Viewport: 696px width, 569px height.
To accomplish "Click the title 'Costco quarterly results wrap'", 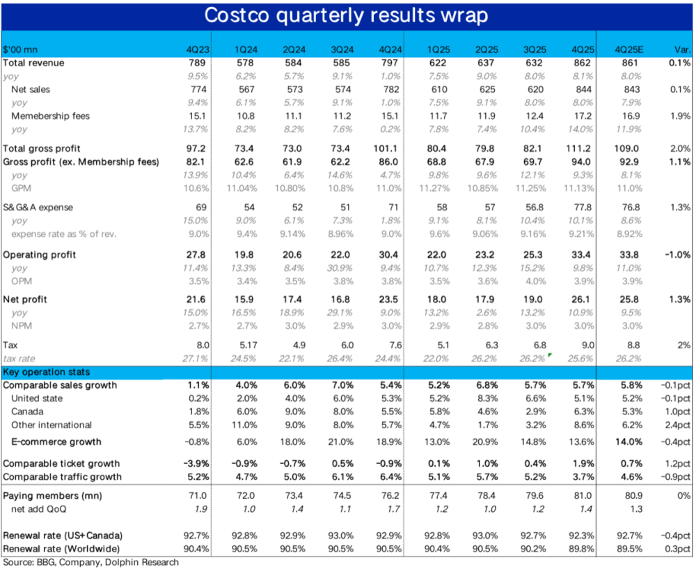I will tap(348, 15).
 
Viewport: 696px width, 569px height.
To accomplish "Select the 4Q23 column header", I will tap(198, 49).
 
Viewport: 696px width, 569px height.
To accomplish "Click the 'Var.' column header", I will tap(681, 49).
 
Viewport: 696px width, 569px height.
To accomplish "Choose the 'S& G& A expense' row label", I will tap(39, 208).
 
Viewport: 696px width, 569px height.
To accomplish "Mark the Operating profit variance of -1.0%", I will tap(675, 254).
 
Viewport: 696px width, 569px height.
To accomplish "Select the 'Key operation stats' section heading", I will tap(47, 372).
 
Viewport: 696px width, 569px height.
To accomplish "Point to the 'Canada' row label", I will tap(29, 412).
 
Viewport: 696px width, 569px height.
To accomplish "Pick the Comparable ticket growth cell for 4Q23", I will tap(196, 463).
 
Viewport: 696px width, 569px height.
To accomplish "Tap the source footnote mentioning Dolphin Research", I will tap(90, 561).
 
